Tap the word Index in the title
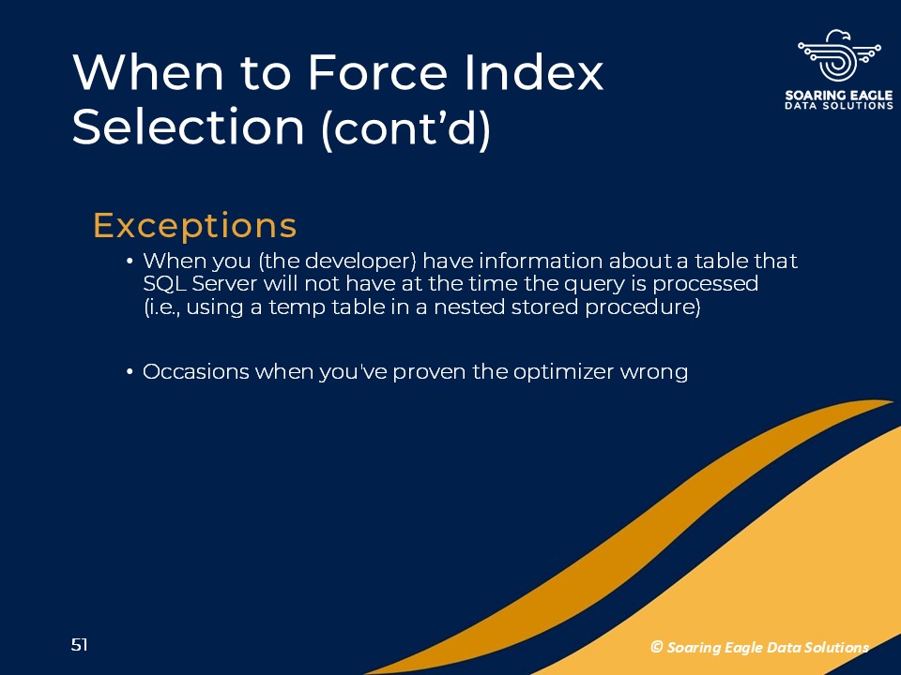534,72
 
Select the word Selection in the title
188,127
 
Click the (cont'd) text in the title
406,128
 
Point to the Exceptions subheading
195,225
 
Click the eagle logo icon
839,56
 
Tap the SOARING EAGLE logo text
839,96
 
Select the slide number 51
79,645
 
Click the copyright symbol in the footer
657,647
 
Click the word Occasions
196,371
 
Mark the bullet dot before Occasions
130,372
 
